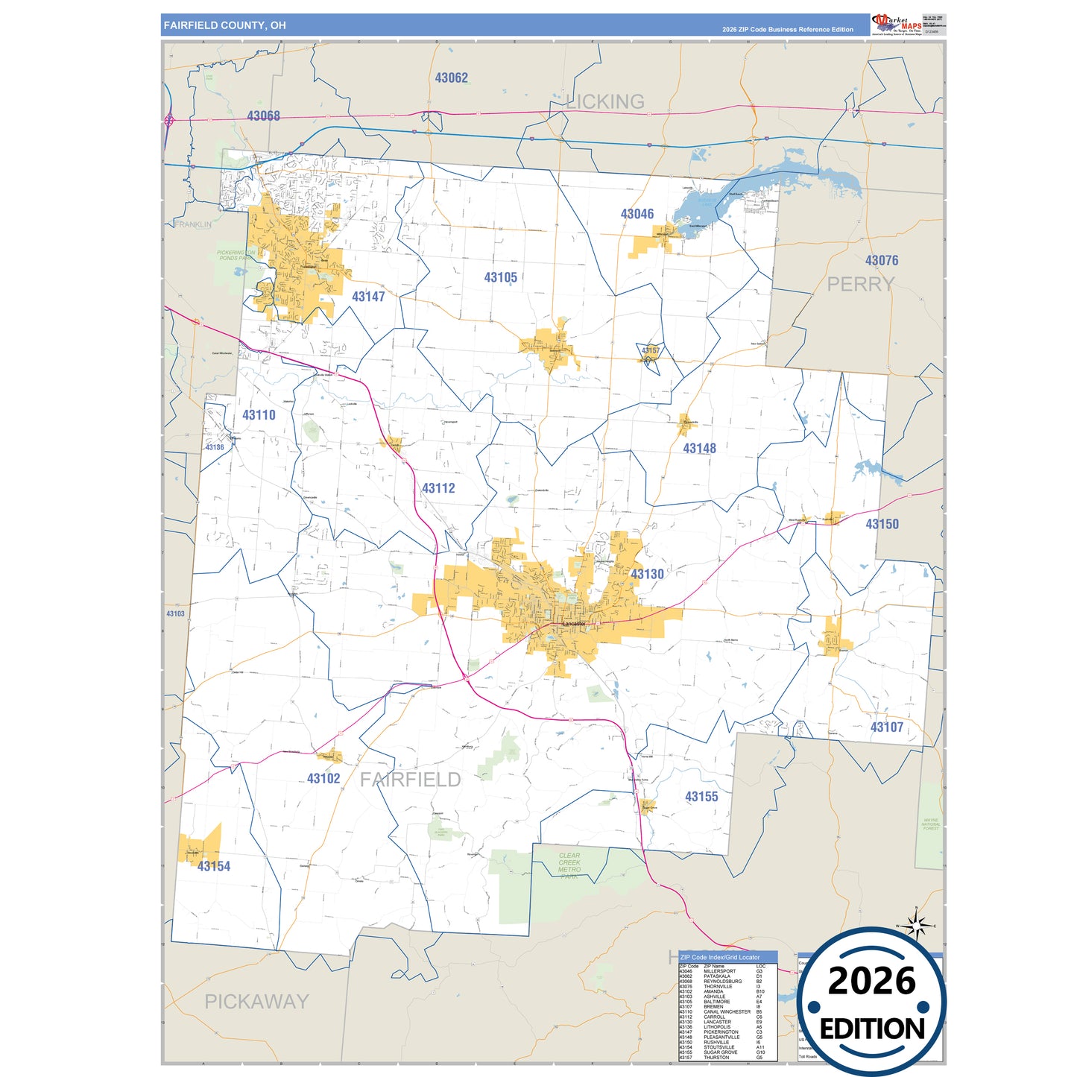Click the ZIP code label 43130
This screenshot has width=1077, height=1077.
point(647,574)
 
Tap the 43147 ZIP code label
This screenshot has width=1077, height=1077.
point(368,297)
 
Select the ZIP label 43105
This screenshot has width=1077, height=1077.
point(500,277)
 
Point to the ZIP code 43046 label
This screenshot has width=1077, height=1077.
point(637,214)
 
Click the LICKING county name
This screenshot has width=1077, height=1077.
point(604,101)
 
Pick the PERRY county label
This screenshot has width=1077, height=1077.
point(861,284)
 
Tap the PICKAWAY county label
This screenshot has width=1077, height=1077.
point(256,1001)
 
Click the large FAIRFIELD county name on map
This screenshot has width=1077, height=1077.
point(410,780)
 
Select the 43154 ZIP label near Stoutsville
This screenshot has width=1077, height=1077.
point(214,866)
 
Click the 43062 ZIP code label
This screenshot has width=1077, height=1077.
point(452,78)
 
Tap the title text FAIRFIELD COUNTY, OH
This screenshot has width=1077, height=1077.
point(224,25)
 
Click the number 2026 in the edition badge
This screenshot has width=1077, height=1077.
point(871,981)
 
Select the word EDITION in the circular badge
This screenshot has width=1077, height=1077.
point(872,1029)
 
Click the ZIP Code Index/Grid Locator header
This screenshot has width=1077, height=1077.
point(720,957)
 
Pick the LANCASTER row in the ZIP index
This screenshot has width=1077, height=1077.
point(717,1022)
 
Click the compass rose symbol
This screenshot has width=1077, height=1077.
point(917,925)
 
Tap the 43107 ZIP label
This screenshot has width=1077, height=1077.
point(887,727)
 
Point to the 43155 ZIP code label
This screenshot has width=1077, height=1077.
point(701,797)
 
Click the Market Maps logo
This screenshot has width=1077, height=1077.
point(897,23)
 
